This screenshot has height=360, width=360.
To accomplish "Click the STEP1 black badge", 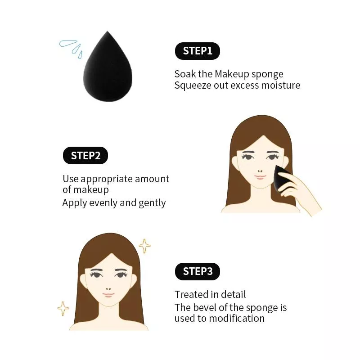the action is click(x=198, y=51).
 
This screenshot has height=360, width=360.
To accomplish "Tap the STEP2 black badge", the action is click(x=85, y=155).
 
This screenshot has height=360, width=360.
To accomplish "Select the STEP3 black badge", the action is click(x=198, y=271).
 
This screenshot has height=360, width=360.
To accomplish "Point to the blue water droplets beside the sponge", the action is click(x=71, y=48).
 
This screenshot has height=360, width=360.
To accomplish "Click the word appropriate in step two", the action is click(x=107, y=179).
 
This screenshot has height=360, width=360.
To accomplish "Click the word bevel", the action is click(x=205, y=307).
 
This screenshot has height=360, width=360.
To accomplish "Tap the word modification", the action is click(x=237, y=319).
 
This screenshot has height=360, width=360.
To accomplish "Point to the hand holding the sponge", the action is click(x=298, y=193).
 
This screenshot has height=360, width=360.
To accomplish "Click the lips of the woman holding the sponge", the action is click(x=260, y=177).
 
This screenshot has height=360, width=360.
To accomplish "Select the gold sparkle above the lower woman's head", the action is click(x=144, y=246).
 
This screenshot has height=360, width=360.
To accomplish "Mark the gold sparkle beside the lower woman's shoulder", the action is click(x=63, y=309).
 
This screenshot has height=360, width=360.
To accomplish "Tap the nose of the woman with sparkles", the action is click(x=108, y=289).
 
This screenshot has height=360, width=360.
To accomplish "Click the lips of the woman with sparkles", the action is click(x=108, y=295).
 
